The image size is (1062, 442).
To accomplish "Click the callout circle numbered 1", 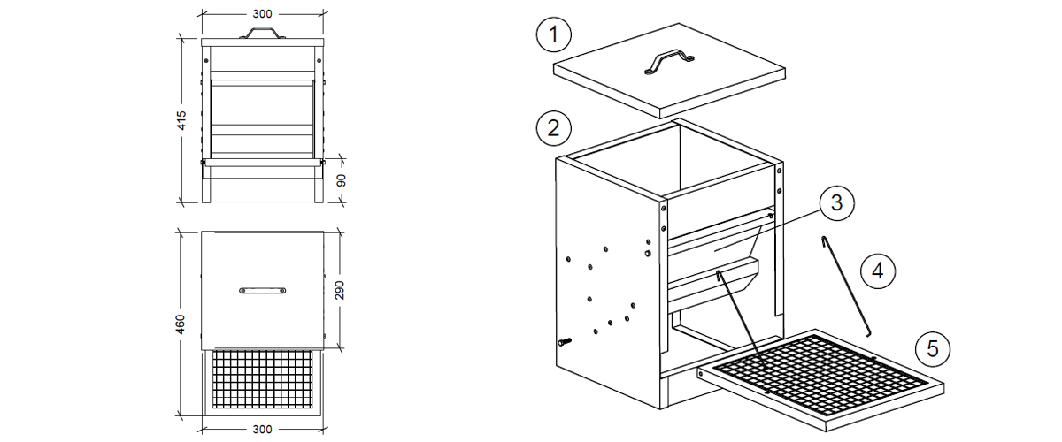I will [x=553, y=36].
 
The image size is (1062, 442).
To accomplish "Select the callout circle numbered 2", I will [x=553, y=127].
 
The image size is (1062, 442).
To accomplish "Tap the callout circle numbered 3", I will [x=836, y=202].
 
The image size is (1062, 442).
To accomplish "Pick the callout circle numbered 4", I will [x=877, y=270].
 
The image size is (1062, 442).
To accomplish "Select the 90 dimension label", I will [x=342, y=181].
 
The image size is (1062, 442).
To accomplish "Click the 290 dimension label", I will [x=342, y=288].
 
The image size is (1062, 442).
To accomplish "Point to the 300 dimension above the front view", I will [x=263, y=14].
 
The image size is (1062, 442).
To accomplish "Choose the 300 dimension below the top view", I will [x=263, y=430].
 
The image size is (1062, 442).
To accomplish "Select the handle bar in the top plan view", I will [x=263, y=289].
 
